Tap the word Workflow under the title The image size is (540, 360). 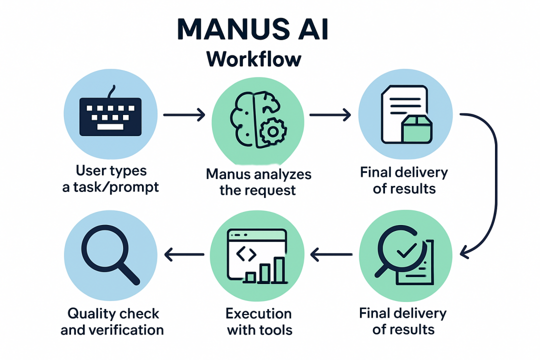pyautogui.click(x=254, y=59)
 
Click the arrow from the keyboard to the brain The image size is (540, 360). pyautogui.click(x=184, y=115)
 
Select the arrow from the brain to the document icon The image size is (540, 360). pyautogui.click(x=330, y=115)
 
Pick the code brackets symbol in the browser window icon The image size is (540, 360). pyautogui.click(x=245, y=254)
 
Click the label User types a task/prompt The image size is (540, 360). pyautogui.click(x=111, y=178)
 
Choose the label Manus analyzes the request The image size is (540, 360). pyautogui.click(x=258, y=182)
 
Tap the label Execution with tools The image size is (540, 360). pyautogui.click(x=258, y=321)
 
